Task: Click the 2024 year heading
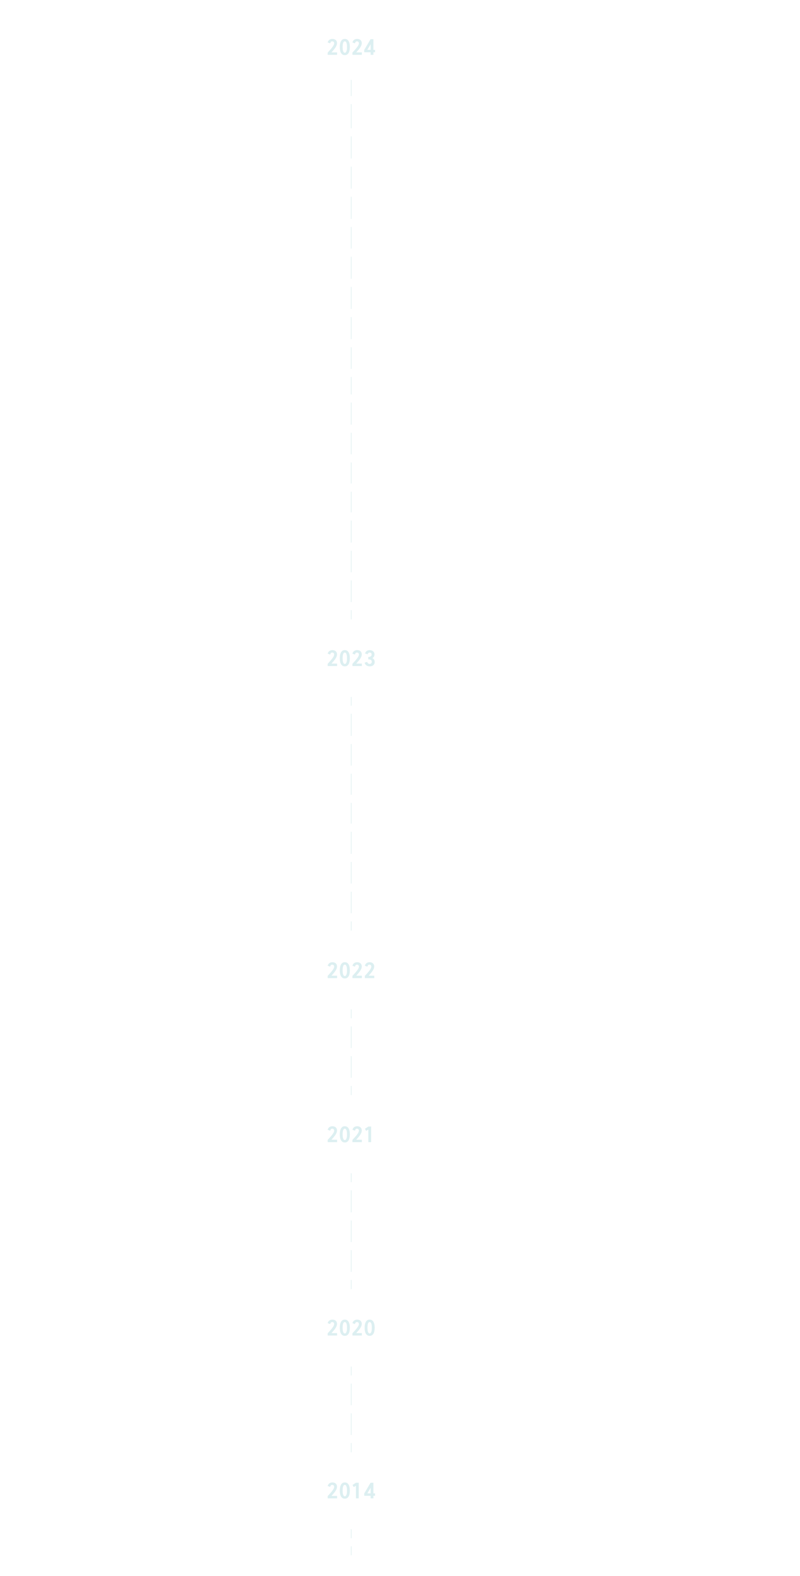351,48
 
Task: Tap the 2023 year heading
351,658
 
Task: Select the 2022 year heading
351,970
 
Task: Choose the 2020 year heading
351,1328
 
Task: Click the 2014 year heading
351,1491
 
